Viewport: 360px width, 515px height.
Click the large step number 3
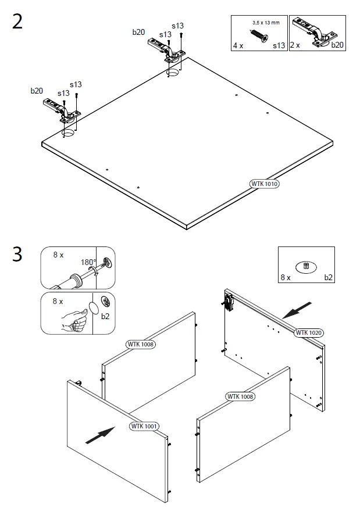pyautogui.click(x=17, y=255)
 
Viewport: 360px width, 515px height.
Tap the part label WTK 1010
pyautogui.click(x=265, y=184)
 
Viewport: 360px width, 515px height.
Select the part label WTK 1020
pyautogui.click(x=309, y=332)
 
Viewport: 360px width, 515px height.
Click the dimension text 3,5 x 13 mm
pyautogui.click(x=266, y=23)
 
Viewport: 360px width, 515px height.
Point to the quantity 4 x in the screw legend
pyautogui.click(x=238, y=45)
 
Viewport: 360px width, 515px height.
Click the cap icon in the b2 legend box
pyautogui.click(x=306, y=266)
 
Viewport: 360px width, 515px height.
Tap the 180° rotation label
pyautogui.click(x=88, y=262)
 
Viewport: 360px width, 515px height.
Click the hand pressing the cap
pyautogui.click(x=73, y=317)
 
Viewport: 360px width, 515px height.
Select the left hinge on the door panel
pyautogui.click(x=61, y=109)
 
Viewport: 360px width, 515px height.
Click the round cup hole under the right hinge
pyautogui.click(x=173, y=73)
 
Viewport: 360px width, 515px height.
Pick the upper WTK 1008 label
pyautogui.click(x=141, y=344)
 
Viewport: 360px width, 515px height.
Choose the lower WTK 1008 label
pyautogui.click(x=241, y=396)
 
